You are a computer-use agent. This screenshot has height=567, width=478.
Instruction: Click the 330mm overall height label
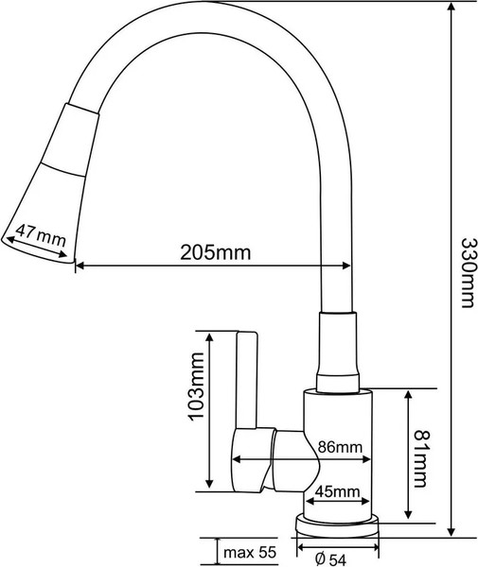(x=463, y=269)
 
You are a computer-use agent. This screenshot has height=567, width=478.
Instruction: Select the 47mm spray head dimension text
(x=39, y=232)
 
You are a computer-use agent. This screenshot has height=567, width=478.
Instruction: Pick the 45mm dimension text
(x=337, y=490)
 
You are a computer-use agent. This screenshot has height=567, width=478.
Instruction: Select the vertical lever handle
(x=247, y=378)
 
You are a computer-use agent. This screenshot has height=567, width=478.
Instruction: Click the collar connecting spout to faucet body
(x=339, y=350)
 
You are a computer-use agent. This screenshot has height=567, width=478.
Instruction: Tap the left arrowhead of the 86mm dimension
(x=236, y=460)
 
